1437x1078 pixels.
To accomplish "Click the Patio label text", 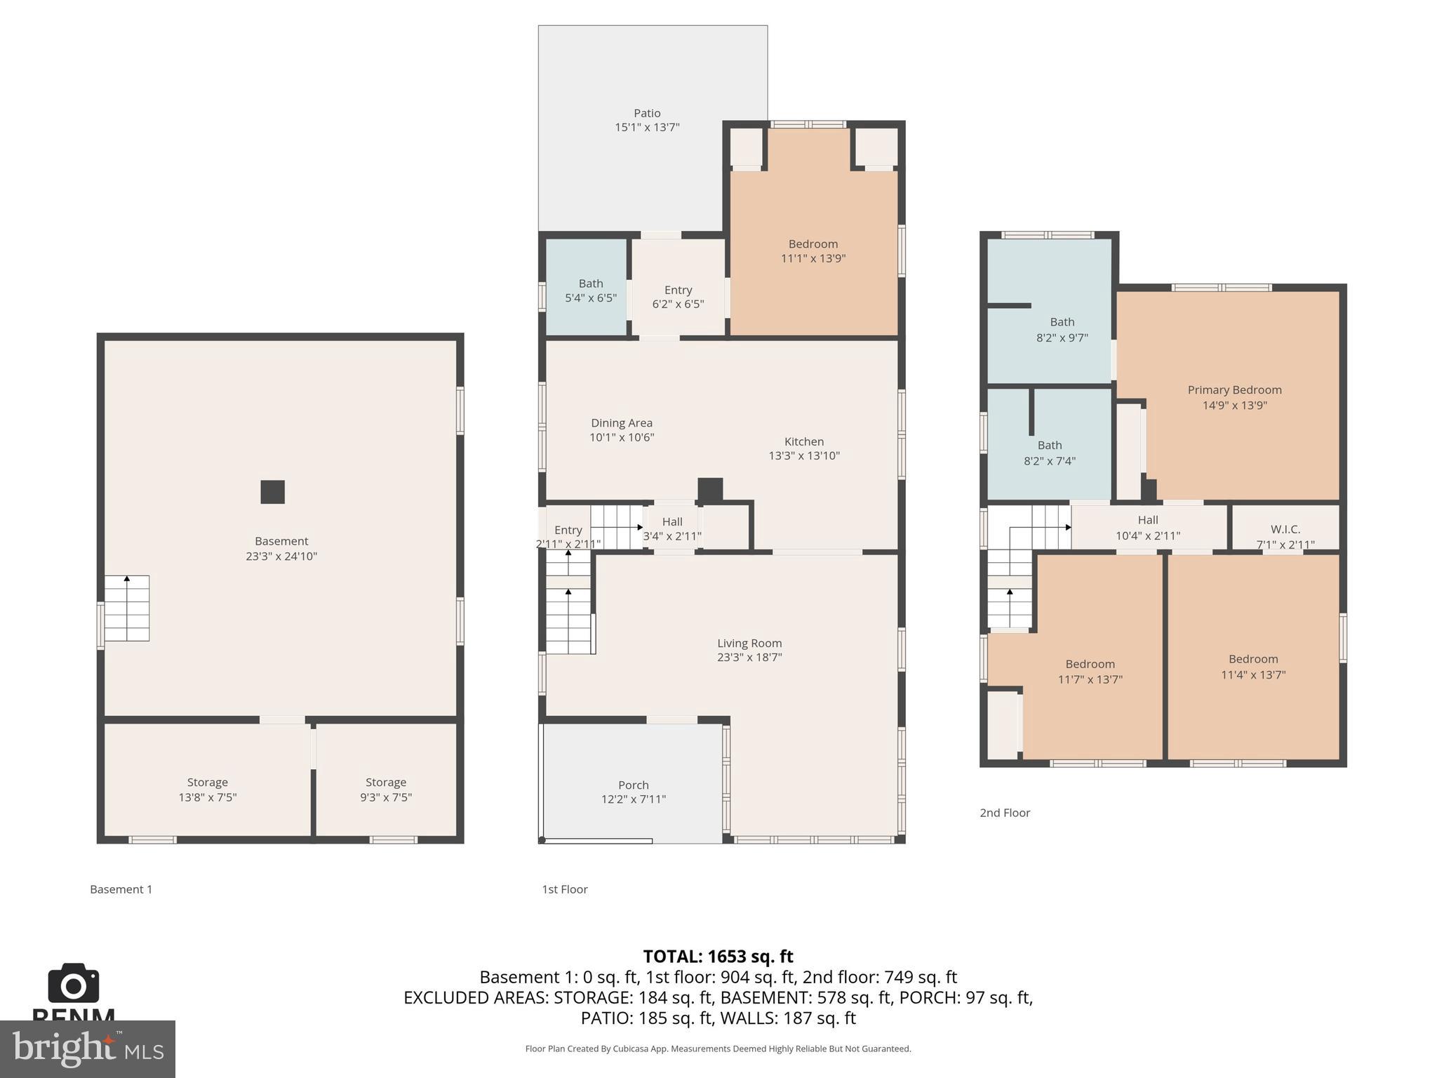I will tap(647, 113).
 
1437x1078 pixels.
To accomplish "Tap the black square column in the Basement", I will tap(272, 492).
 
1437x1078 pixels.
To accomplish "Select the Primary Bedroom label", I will tap(1234, 390).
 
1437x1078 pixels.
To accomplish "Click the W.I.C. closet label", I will tap(1285, 529).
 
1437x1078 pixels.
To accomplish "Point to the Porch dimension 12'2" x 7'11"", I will tap(633, 799).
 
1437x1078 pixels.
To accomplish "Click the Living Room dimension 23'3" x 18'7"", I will tap(749, 658).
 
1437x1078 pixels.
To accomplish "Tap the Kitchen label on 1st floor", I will tap(804, 441).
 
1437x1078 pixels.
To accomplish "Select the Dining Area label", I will tap(622, 422).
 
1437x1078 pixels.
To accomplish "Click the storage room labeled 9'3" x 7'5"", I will tap(385, 789).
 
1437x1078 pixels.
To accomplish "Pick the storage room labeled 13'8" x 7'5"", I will tap(207, 789).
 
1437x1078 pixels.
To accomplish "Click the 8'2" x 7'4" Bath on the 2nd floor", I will tap(1050, 453).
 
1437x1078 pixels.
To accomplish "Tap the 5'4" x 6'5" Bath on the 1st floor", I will tap(590, 290).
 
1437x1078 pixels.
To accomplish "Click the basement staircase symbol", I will tap(127, 608).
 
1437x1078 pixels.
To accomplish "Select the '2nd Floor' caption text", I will tap(1005, 813).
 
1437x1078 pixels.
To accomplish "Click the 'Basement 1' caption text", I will tap(121, 889).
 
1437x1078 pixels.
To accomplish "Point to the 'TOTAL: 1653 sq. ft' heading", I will tap(718, 957).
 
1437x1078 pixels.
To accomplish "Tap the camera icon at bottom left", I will tap(73, 983).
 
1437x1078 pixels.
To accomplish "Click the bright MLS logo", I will tap(87, 1049).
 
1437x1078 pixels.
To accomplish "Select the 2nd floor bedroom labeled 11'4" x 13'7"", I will tap(1253, 667).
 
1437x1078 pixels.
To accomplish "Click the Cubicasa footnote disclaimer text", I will tap(718, 1049).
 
